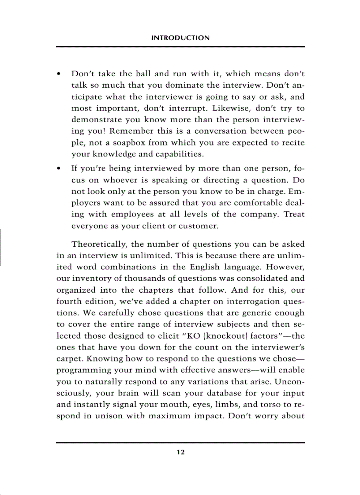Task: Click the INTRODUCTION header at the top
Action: [180, 38]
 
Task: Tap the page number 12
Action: [180, 452]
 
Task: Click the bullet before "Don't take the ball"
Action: [59, 74]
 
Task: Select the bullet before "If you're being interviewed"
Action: [59, 169]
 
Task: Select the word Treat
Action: [294, 215]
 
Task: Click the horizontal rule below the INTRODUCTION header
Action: [180, 47]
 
